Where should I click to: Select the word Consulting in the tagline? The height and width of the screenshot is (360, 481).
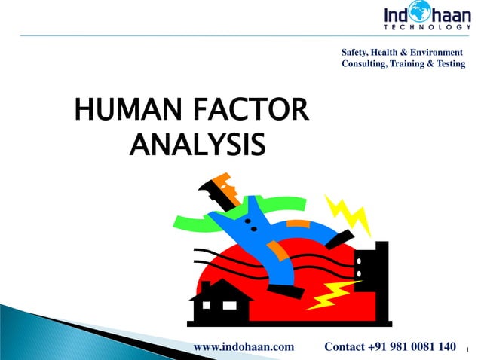point(367,65)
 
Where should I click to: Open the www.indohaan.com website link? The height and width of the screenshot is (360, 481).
point(244,346)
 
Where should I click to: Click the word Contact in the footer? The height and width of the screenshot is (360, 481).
point(346,346)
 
